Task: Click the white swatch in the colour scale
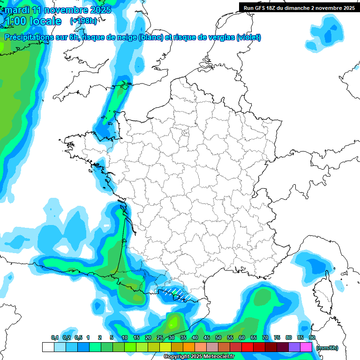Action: [x=48, y=347]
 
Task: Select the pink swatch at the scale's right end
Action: [x=306, y=347]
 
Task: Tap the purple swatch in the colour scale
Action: [x=294, y=347]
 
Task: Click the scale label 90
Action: [x=312, y=337]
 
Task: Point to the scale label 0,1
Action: [x=55, y=337]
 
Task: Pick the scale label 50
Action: [x=218, y=337]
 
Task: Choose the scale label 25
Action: [x=160, y=337]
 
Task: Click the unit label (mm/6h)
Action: [x=327, y=348]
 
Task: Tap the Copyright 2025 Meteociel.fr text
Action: [x=199, y=356]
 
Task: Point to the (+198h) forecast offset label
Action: [x=83, y=21]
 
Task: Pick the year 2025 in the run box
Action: [x=348, y=8]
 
